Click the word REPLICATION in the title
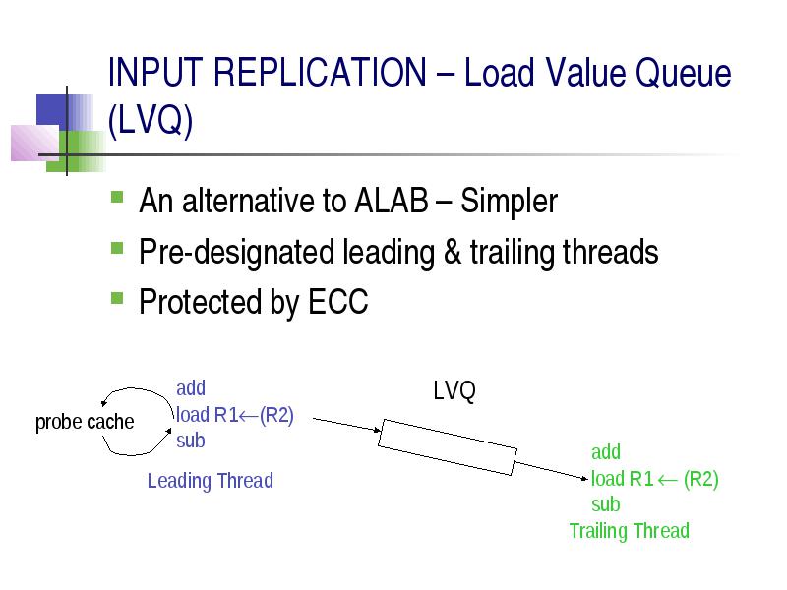point(320,72)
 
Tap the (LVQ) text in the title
point(151,120)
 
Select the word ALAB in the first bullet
point(391,201)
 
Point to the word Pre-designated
point(236,253)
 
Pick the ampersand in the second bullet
point(453,252)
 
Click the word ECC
point(337,302)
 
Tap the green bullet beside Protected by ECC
point(117,298)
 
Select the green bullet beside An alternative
point(117,196)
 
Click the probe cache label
point(85,422)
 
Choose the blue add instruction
point(191,388)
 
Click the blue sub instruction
point(191,441)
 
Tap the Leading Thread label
point(211,481)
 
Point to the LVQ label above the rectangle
point(454,390)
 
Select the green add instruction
point(606,452)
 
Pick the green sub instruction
point(606,504)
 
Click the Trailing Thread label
point(630,531)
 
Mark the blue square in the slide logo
point(52,110)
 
